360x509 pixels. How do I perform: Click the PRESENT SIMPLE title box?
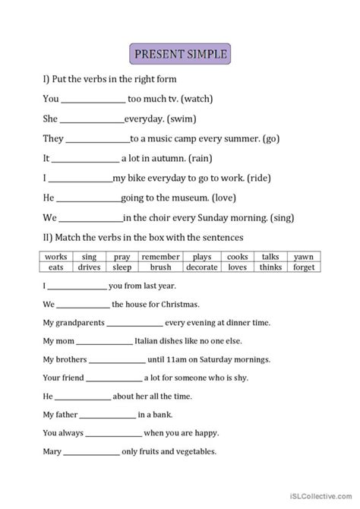click(x=180, y=55)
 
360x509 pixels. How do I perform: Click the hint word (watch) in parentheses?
click(x=204, y=99)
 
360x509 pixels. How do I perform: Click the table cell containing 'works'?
click(x=56, y=258)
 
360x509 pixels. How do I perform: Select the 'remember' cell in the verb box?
click(x=160, y=258)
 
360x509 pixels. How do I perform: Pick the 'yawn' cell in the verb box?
click(x=303, y=258)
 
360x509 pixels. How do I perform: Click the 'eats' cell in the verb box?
click(x=56, y=267)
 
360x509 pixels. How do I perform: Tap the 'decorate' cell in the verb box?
click(x=201, y=267)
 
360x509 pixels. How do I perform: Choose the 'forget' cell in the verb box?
click(x=303, y=267)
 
